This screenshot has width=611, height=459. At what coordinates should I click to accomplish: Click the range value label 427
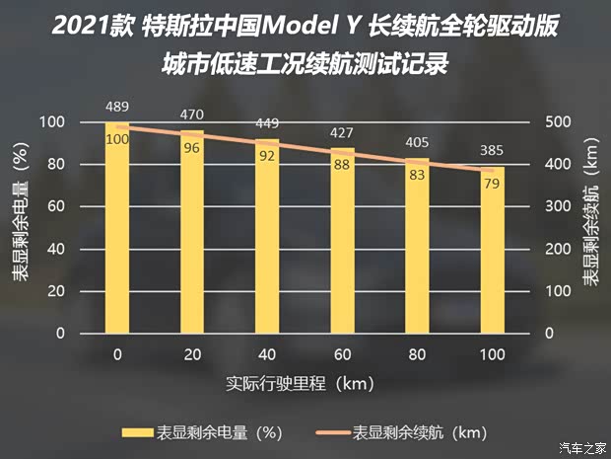click(x=342, y=133)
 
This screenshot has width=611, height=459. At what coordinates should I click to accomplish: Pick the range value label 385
click(x=492, y=151)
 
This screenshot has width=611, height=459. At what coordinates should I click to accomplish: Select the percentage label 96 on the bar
click(x=192, y=148)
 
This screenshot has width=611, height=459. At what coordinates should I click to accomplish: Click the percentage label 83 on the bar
click(x=417, y=175)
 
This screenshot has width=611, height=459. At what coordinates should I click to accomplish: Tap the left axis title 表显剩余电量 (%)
click(x=21, y=228)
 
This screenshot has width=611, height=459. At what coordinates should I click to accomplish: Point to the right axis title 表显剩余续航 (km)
click(x=590, y=228)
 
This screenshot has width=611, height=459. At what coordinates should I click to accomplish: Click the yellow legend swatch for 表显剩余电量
click(x=135, y=432)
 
